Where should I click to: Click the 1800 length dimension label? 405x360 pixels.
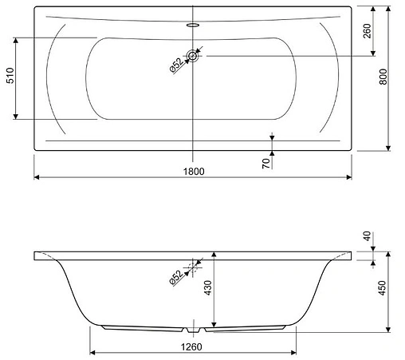pyautogui.click(x=194, y=172)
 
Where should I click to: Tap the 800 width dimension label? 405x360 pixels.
pyautogui.click(x=383, y=77)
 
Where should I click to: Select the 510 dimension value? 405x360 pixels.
pyautogui.click(x=10, y=76)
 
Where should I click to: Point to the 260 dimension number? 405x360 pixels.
pyautogui.click(x=367, y=31)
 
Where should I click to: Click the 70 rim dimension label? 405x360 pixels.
pyautogui.click(x=266, y=163)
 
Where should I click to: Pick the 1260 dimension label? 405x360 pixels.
pyautogui.click(x=191, y=347)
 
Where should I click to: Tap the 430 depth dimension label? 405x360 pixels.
pyautogui.click(x=207, y=287)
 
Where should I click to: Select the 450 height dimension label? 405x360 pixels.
pyautogui.click(x=382, y=287)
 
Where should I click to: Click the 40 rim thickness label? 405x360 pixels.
pyautogui.click(x=367, y=236)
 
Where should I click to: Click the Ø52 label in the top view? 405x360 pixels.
pyautogui.click(x=176, y=65)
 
